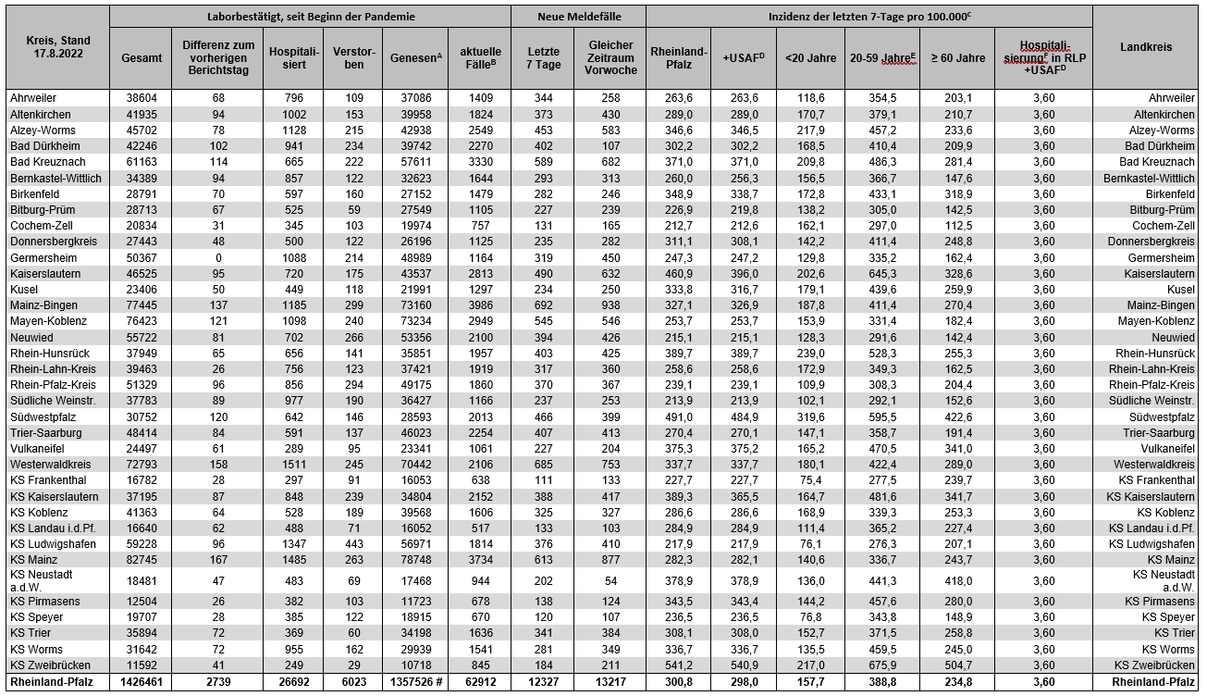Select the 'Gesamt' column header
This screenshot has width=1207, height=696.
click(x=141, y=57)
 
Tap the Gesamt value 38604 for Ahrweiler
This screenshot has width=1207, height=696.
click(x=141, y=97)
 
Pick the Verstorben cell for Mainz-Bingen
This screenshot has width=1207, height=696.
click(x=352, y=304)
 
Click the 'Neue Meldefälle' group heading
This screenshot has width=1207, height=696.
click(x=578, y=17)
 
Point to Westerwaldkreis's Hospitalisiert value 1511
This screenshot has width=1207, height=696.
click(x=292, y=464)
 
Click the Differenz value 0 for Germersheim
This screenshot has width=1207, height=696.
click(x=218, y=256)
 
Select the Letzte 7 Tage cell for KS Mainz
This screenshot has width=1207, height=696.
click(x=542, y=560)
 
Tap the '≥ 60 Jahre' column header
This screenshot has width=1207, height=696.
click(x=957, y=57)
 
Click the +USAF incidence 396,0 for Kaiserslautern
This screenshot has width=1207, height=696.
click(x=743, y=273)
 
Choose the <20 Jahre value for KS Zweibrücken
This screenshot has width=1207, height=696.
click(x=810, y=664)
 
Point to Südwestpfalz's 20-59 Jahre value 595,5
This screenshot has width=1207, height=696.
click(x=884, y=416)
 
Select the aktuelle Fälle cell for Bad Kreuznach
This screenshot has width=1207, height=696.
click(x=478, y=161)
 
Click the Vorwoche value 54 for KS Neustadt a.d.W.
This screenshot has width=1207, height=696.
click(x=610, y=580)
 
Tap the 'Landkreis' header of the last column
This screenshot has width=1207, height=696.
click(x=1148, y=45)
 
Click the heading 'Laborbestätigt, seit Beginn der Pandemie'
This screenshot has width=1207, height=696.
click(x=310, y=17)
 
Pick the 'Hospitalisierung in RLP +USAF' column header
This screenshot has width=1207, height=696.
click(x=1043, y=57)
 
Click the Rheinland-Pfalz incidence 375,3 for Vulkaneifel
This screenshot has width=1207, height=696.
click(x=679, y=448)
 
